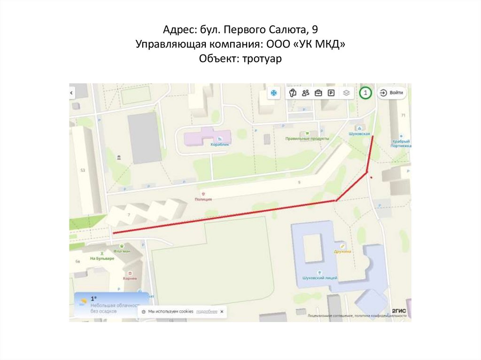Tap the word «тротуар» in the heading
pyautogui.click(x=261, y=59)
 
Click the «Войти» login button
pyautogui.click(x=392, y=93)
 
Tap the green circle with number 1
pyautogui.click(x=365, y=93)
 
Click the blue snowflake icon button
pyautogui.click(x=272, y=93)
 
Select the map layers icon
pyautogui.click(x=346, y=93)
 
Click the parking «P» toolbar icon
pyautogui.click(x=331, y=93)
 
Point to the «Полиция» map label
pyautogui.click(x=203, y=199)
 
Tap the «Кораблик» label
pyautogui.click(x=219, y=145)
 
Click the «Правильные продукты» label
pyautogui.click(x=307, y=139)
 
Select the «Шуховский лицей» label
pyautogui.click(x=319, y=278)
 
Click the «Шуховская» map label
pyautogui.click(x=360, y=134)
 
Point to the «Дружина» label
pyautogui.click(x=342, y=252)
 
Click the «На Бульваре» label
pyautogui.click(x=102, y=259)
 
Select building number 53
pyautogui.click(x=83, y=170)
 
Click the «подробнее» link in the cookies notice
pyautogui.click(x=207, y=311)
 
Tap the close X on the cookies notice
pyautogui.click(x=222, y=311)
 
